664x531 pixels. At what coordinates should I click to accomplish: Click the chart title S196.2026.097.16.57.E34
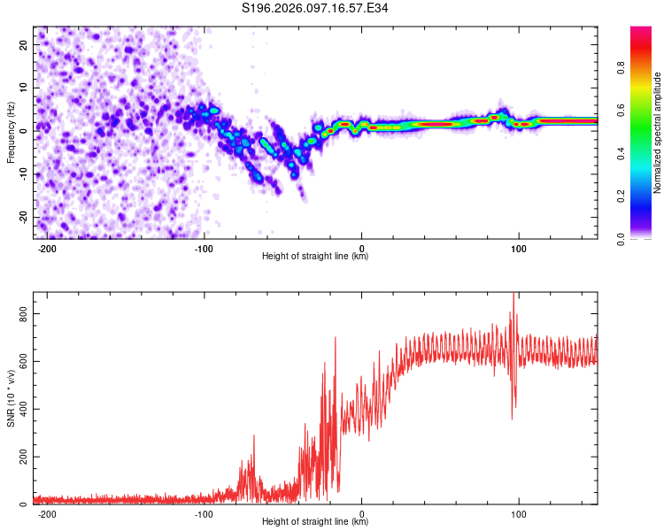316,8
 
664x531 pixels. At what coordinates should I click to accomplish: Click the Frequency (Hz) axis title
11,133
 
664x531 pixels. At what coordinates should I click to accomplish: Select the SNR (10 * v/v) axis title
11,398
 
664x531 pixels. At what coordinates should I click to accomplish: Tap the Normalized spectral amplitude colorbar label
657,133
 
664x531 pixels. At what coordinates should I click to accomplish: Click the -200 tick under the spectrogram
48,249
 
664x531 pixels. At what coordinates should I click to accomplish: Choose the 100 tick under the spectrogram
519,249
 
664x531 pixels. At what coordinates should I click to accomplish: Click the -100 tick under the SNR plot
205,514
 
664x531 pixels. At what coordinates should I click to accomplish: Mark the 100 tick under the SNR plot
519,514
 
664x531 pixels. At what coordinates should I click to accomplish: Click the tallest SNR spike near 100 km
513,296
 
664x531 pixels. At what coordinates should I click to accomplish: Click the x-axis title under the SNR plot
315,522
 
